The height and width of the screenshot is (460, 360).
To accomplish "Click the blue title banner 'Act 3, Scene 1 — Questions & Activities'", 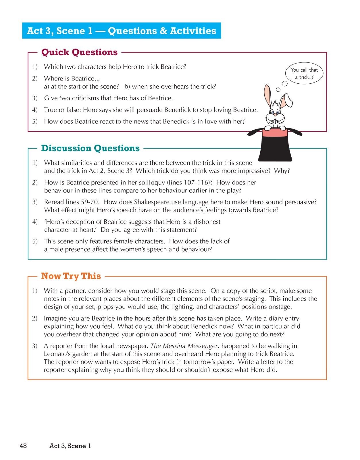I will [x=121, y=31].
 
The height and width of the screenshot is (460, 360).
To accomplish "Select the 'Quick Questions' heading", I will [x=79, y=52].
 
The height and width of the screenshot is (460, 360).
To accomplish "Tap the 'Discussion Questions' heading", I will [x=90, y=148].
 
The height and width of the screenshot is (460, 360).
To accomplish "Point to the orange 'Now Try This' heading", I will [x=71, y=276].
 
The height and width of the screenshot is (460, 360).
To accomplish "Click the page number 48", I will [x=23, y=446].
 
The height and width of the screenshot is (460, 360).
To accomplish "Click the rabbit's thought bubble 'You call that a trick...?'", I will [x=304, y=73].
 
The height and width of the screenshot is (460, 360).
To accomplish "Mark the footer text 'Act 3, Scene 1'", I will [x=70, y=446].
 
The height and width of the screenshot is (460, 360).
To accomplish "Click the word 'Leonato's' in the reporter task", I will [x=57, y=354].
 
